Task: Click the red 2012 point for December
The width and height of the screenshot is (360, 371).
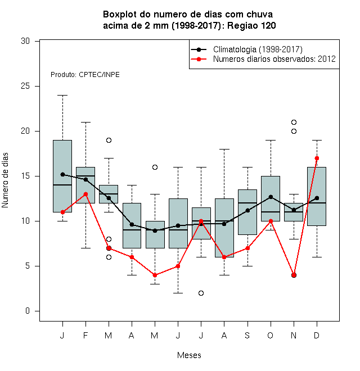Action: click(317, 158)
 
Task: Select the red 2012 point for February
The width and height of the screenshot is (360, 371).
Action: click(85, 194)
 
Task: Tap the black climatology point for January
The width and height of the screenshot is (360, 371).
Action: click(62, 174)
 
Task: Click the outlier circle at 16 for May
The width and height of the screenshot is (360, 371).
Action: click(155, 168)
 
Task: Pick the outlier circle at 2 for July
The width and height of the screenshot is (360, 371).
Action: click(201, 293)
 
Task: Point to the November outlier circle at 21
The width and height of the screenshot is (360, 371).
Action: click(294, 123)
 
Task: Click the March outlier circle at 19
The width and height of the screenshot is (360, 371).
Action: click(109, 141)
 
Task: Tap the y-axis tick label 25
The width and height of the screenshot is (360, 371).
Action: click(25, 86)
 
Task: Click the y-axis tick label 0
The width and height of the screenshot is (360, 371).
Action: click(28, 311)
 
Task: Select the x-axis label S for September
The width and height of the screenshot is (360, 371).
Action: click(247, 336)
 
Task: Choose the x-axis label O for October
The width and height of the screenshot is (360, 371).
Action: click(270, 336)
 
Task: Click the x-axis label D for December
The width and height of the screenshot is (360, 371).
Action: click(317, 336)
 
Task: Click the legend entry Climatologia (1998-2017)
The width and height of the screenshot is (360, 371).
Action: click(258, 49)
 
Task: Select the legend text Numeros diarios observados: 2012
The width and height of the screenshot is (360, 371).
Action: click(274, 59)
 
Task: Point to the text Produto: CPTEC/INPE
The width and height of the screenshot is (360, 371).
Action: click(85, 75)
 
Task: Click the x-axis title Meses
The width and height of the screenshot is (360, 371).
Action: click(189, 355)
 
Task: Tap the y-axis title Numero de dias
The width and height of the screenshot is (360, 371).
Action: click(5, 180)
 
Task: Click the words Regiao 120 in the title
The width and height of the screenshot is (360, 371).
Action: click(251, 25)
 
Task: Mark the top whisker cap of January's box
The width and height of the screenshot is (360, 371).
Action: click(62, 96)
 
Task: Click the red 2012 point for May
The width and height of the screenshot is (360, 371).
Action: click(155, 275)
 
